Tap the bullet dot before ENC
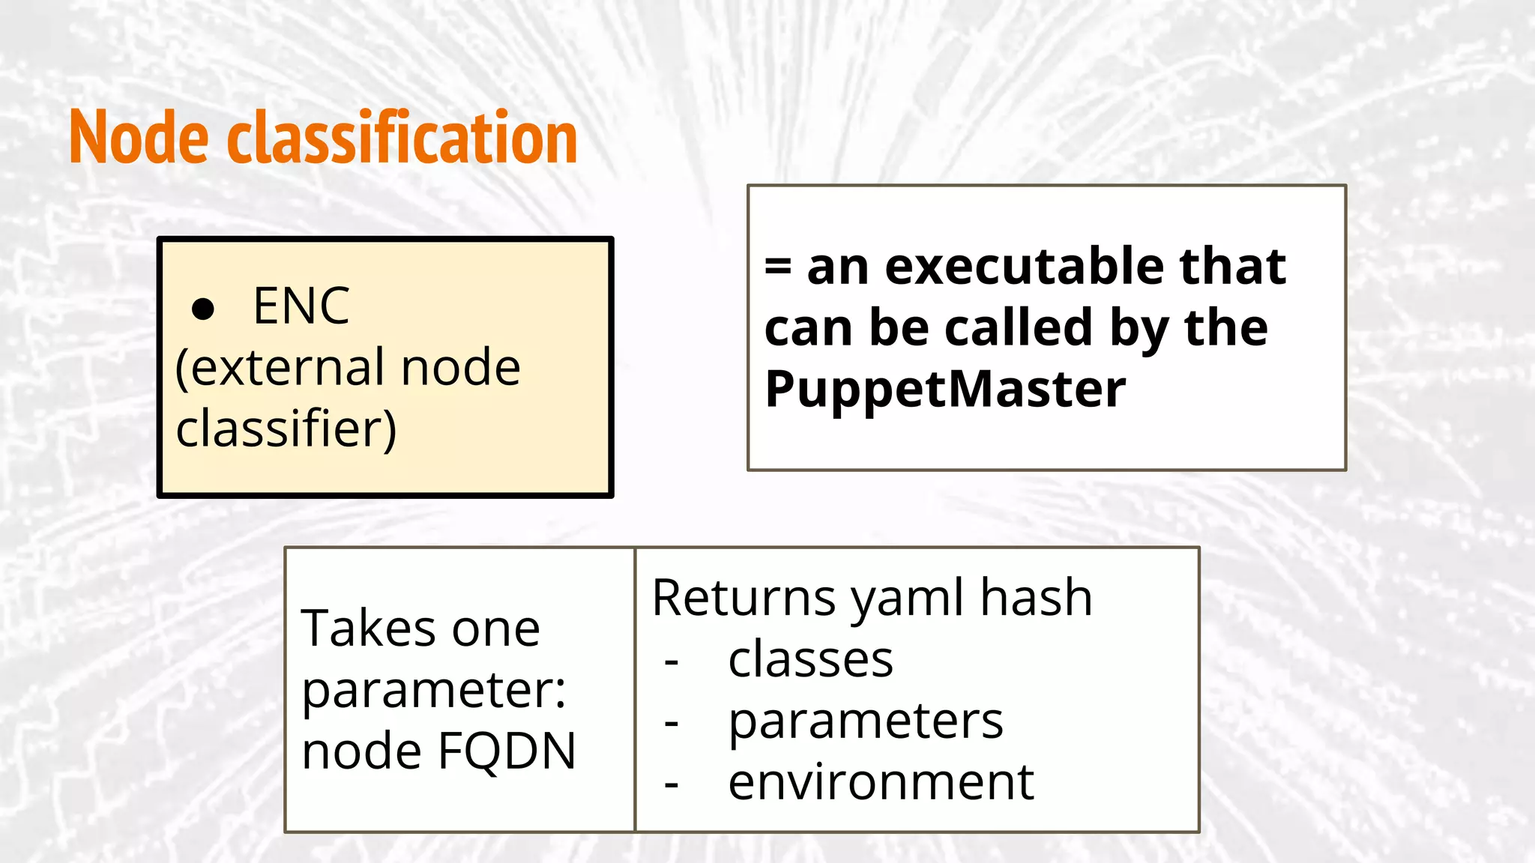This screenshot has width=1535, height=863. point(203,309)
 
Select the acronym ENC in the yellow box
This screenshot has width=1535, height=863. point(301,306)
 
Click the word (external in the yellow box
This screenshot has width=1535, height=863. point(280,368)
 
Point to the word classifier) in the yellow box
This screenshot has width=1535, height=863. point(286,429)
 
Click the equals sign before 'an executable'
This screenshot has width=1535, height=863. point(778,267)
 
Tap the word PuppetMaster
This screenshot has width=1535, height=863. point(944,390)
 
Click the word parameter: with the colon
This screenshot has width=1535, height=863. point(433,691)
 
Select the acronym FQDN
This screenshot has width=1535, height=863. point(507,751)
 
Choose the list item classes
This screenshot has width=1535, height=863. point(810,659)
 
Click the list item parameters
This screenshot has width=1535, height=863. point(865,721)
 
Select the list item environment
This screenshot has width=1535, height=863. point(881,782)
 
